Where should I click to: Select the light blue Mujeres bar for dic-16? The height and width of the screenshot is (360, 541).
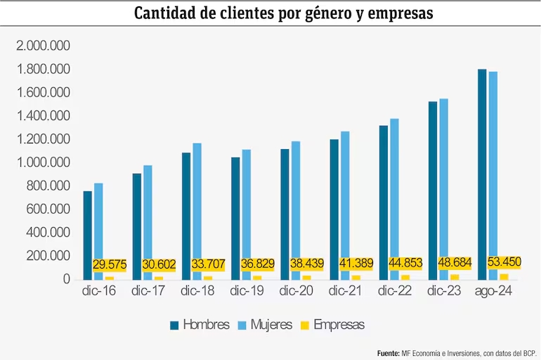[x=98, y=231]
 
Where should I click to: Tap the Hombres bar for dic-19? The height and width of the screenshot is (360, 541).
[x=235, y=218]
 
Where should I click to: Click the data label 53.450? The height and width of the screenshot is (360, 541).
[x=504, y=262]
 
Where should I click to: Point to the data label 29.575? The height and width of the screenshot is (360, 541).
[x=110, y=265]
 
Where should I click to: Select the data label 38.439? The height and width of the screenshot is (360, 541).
[x=306, y=264]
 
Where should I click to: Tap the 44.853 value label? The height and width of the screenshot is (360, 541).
[x=405, y=264]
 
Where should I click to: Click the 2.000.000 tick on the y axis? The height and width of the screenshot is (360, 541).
[x=44, y=46]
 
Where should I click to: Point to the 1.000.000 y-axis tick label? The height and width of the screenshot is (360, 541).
[x=44, y=162]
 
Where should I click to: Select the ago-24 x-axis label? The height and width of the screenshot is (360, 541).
[x=493, y=290]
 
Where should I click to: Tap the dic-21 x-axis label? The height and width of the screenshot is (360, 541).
[x=344, y=290]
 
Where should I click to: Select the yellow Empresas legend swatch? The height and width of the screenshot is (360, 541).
[x=304, y=325]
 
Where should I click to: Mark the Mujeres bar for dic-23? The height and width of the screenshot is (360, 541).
[x=443, y=189]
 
